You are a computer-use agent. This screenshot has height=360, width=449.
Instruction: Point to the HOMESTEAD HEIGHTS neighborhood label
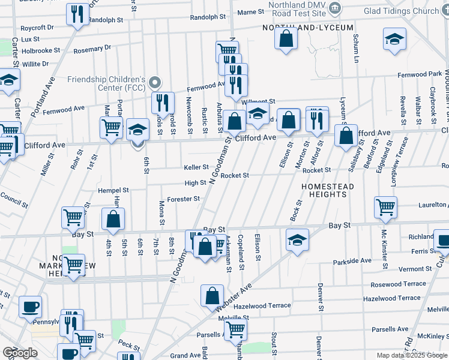(x=327, y=191)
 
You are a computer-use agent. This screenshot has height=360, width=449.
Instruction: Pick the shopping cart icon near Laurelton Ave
(x=385, y=207)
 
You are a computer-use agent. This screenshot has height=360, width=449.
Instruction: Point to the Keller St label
(x=196, y=167)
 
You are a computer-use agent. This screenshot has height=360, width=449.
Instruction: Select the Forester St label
(x=183, y=199)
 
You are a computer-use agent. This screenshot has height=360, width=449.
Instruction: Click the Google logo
(x=20, y=353)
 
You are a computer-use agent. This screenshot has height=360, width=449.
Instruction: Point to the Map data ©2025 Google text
(x=411, y=355)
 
